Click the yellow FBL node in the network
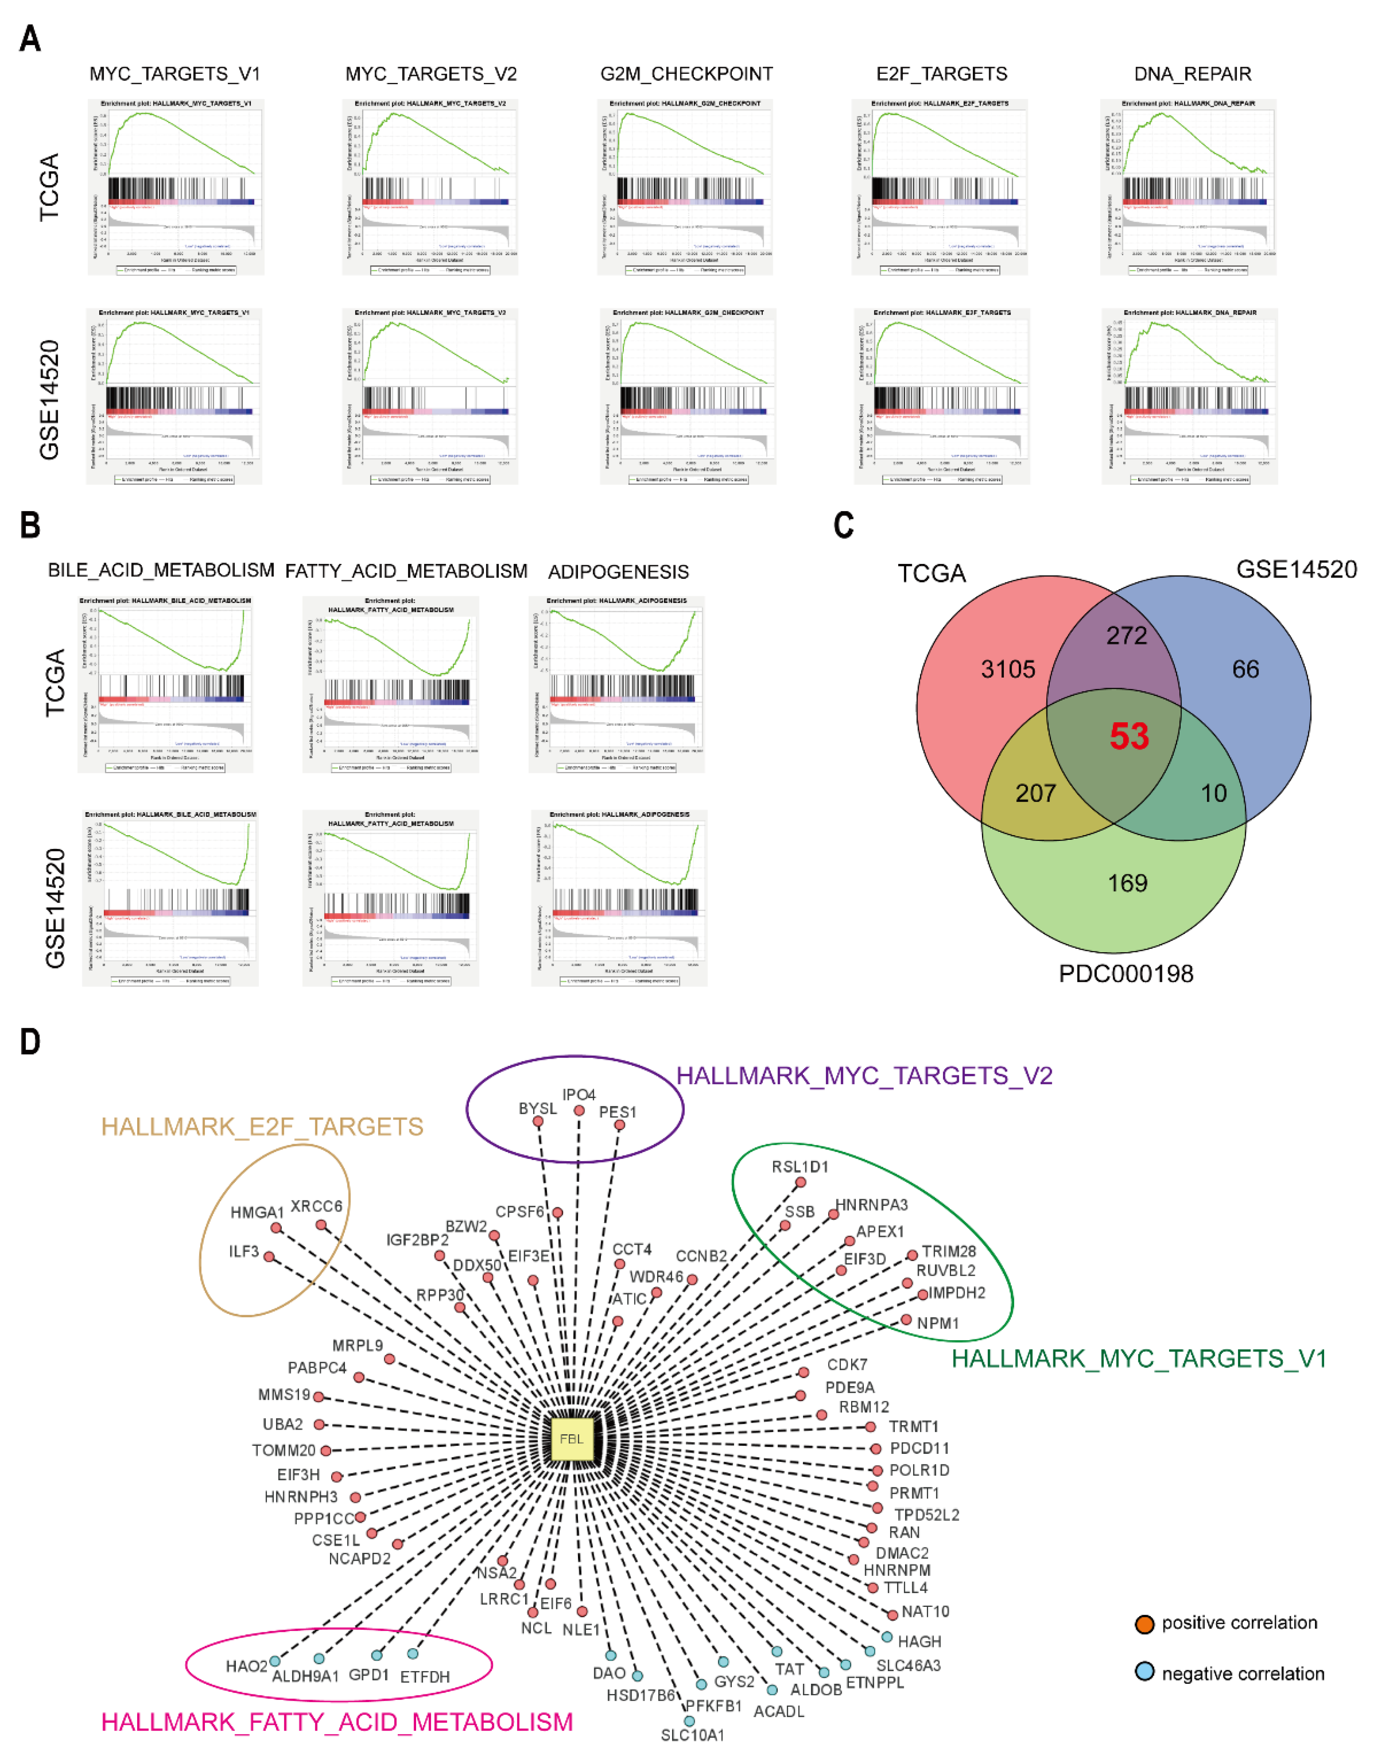572,1439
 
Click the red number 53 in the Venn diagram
1129,736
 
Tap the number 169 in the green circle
1127,882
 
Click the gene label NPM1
938,1323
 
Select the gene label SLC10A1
692,1735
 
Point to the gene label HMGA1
257,1212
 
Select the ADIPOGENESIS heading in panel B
619,572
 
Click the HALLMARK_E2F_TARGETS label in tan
262,1126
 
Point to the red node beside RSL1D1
800,1182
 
